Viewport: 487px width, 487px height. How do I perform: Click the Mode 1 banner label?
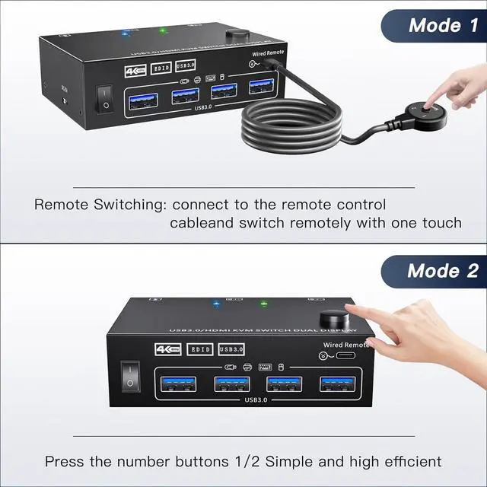tap(444, 24)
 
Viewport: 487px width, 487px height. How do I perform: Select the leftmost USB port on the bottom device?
tap(177, 384)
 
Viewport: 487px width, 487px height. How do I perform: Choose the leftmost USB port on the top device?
tap(144, 97)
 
